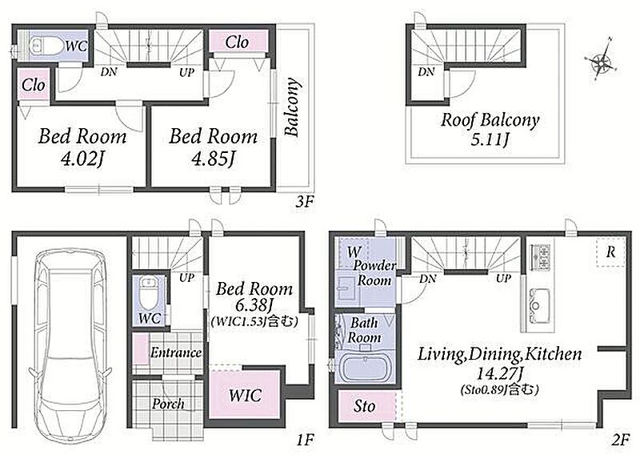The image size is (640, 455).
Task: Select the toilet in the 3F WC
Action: pos(46,46)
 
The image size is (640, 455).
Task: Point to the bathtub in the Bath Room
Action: pos(364,366)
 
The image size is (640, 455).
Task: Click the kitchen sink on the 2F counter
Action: pos(537,305)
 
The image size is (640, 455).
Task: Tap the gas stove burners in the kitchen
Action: pos(540,257)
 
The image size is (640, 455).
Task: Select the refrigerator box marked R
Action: pos(610,252)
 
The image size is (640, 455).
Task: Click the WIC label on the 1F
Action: pos(245,395)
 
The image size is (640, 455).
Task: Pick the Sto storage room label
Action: pos(364,406)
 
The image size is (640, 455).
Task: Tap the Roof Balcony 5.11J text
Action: pos(490,129)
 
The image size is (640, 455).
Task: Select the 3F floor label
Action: pos(305,202)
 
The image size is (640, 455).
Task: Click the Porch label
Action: pos(168,404)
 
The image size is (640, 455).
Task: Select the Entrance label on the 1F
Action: pos(176,352)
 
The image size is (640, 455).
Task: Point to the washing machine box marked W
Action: pos(354,252)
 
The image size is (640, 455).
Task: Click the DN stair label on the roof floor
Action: pos(426,72)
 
